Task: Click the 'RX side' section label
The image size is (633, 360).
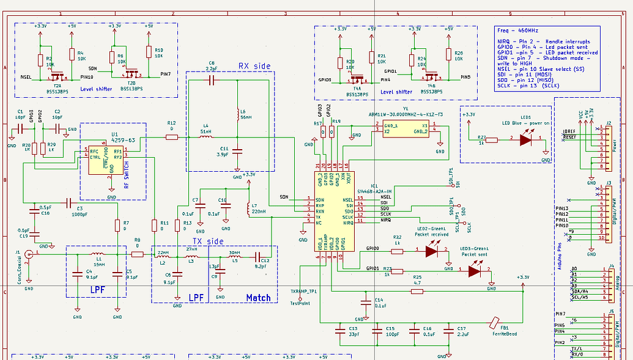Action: pos(254,65)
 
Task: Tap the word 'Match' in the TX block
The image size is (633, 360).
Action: pos(258,298)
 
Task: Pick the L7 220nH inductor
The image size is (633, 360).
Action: pos(247,209)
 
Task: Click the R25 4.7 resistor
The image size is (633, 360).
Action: pos(417,292)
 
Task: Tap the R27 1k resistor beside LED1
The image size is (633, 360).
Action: pos(490,138)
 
